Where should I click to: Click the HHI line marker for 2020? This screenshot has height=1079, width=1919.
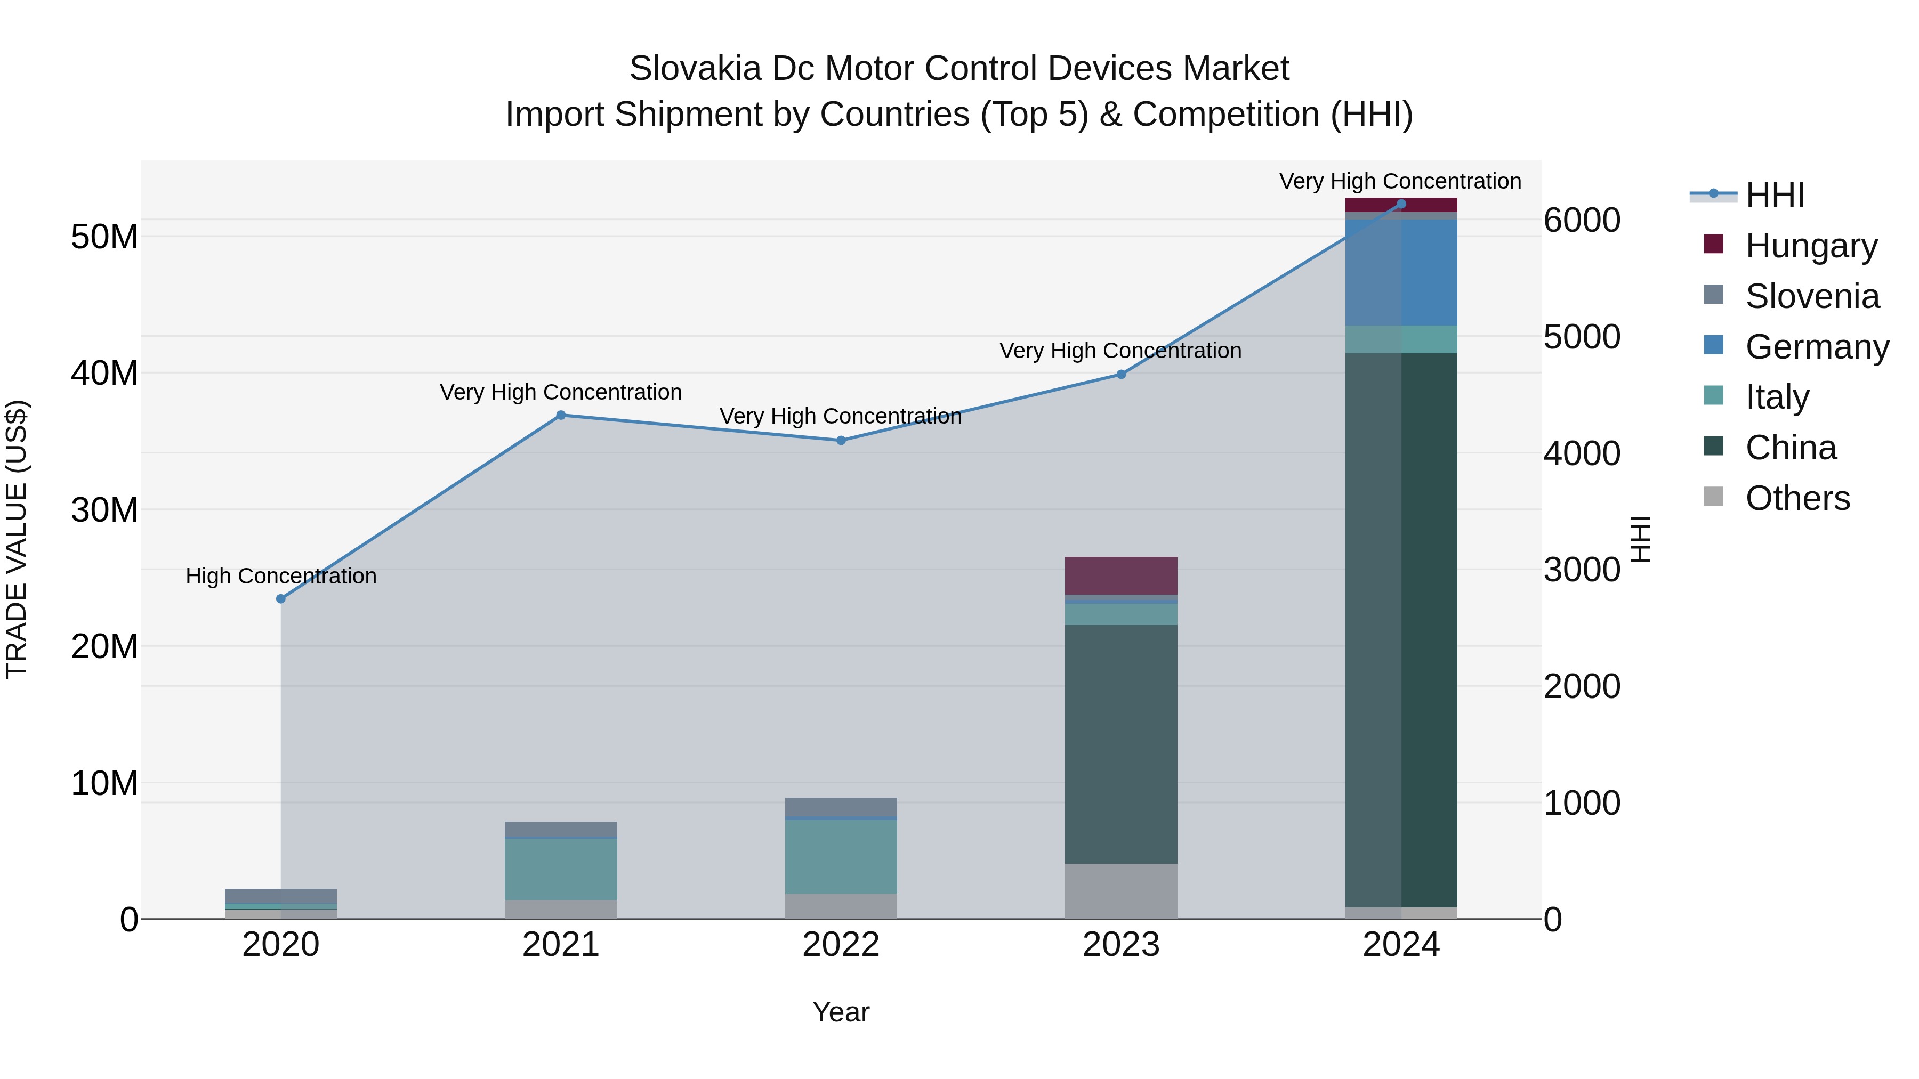pyautogui.click(x=281, y=599)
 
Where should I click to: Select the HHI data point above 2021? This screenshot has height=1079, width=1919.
pyautogui.click(x=561, y=416)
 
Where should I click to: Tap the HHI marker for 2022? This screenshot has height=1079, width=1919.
pyautogui.click(x=841, y=440)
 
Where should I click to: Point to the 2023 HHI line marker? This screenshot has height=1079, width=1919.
pyautogui.click(x=1121, y=375)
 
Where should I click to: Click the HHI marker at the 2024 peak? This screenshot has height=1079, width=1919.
pyautogui.click(x=1401, y=204)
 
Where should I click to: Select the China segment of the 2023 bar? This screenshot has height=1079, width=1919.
pyautogui.click(x=1121, y=745)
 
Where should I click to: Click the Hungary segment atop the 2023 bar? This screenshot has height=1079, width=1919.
pyautogui.click(x=1121, y=575)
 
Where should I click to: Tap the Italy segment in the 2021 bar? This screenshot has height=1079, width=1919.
pyautogui.click(x=561, y=869)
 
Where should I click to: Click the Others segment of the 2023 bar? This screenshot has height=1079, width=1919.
pyautogui.click(x=1121, y=891)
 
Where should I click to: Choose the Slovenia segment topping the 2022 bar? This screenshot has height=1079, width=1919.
pyautogui.click(x=841, y=807)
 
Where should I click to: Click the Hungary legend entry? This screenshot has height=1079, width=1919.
pyautogui.click(x=1811, y=246)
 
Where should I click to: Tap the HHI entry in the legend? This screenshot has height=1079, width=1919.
pyautogui.click(x=1775, y=195)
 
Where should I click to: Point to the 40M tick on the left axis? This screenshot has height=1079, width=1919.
pyautogui.click(x=104, y=373)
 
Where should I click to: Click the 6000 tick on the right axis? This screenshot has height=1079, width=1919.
pyautogui.click(x=1582, y=221)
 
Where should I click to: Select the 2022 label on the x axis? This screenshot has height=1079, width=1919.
pyautogui.click(x=841, y=945)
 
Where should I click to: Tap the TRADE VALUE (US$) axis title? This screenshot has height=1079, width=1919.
pyautogui.click(x=17, y=539)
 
